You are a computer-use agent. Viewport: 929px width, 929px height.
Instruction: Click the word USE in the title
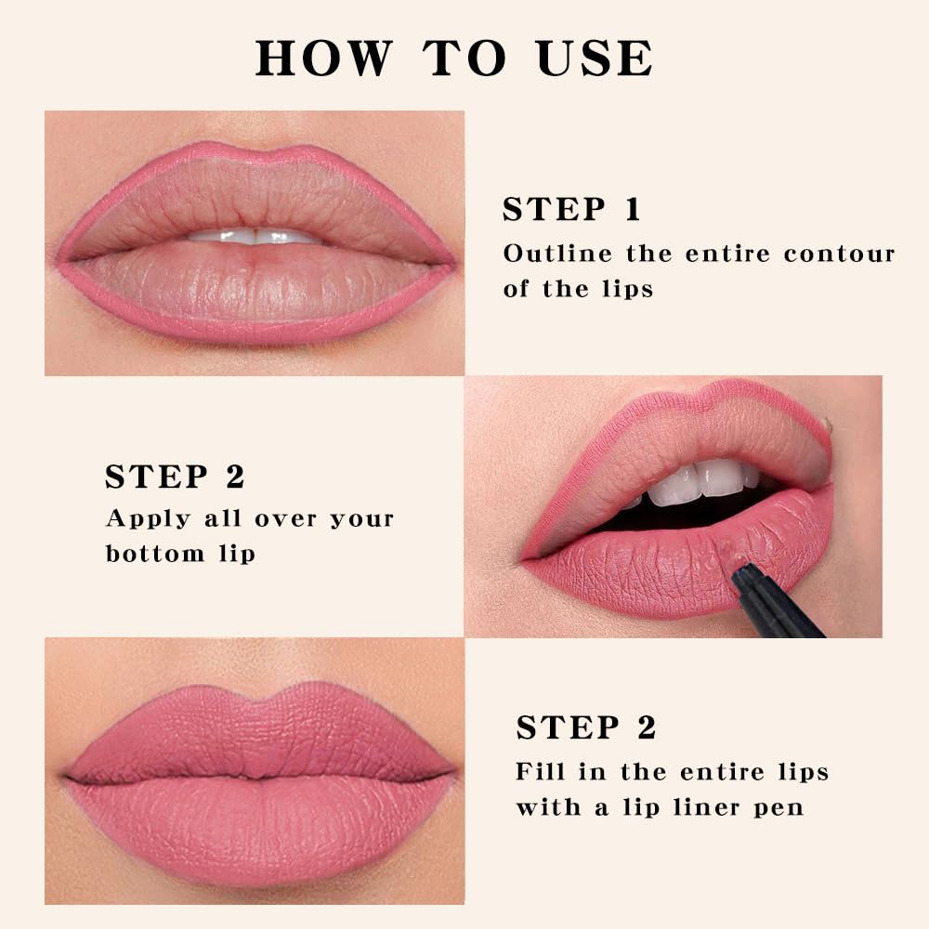595,58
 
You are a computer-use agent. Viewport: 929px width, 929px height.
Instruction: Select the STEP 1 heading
571,210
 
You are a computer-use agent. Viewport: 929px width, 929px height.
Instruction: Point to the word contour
839,254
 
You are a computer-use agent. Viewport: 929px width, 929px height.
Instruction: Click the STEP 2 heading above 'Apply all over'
175,477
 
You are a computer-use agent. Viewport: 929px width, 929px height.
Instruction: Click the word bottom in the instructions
155,554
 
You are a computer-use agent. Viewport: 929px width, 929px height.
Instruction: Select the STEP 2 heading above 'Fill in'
586,727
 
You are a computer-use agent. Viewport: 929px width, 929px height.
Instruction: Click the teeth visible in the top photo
253,236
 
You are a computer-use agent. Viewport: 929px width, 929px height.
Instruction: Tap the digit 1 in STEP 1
632,210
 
